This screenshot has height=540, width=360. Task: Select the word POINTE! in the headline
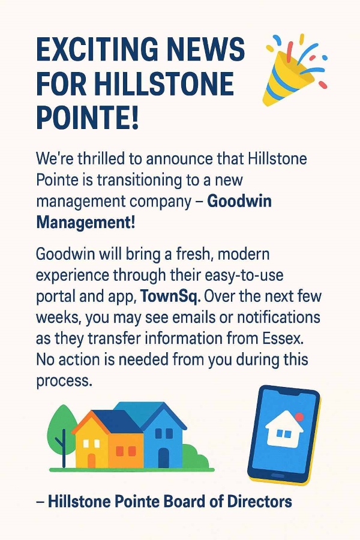(87, 117)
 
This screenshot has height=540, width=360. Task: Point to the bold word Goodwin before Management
(239, 201)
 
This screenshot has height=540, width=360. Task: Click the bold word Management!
(86, 223)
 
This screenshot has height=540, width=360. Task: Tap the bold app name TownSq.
(170, 296)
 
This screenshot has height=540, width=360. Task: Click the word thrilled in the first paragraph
(101, 159)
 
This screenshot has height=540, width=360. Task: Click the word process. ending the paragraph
(64, 381)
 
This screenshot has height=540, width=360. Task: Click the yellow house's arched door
(91, 461)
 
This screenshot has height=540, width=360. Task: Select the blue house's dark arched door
(164, 458)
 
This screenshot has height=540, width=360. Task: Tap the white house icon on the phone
(284, 430)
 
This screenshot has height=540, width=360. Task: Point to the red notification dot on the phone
(299, 418)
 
